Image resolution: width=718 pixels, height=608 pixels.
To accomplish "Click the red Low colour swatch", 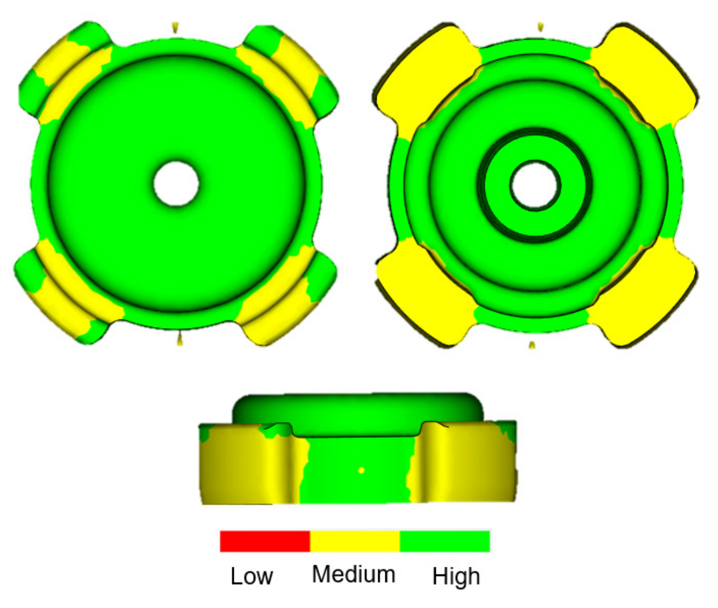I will click(265, 541).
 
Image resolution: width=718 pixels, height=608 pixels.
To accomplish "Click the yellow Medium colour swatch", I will click(355, 541).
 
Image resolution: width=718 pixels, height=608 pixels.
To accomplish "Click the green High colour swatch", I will click(445, 541).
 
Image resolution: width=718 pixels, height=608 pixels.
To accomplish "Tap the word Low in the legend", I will click(251, 576).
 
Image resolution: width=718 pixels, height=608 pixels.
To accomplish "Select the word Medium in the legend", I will click(354, 575).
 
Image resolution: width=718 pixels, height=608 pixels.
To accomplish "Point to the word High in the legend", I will click(456, 576).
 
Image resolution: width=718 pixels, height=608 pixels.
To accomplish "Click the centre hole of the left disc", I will click(176, 183).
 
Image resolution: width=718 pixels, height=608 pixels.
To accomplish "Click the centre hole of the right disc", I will click(534, 184).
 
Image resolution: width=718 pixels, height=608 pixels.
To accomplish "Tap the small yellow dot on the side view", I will click(361, 470).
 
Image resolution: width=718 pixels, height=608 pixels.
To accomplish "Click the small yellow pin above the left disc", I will click(175, 26).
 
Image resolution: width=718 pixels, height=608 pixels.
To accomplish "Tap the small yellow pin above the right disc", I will click(540, 26).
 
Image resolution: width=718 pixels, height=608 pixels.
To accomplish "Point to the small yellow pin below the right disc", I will click(531, 345).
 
